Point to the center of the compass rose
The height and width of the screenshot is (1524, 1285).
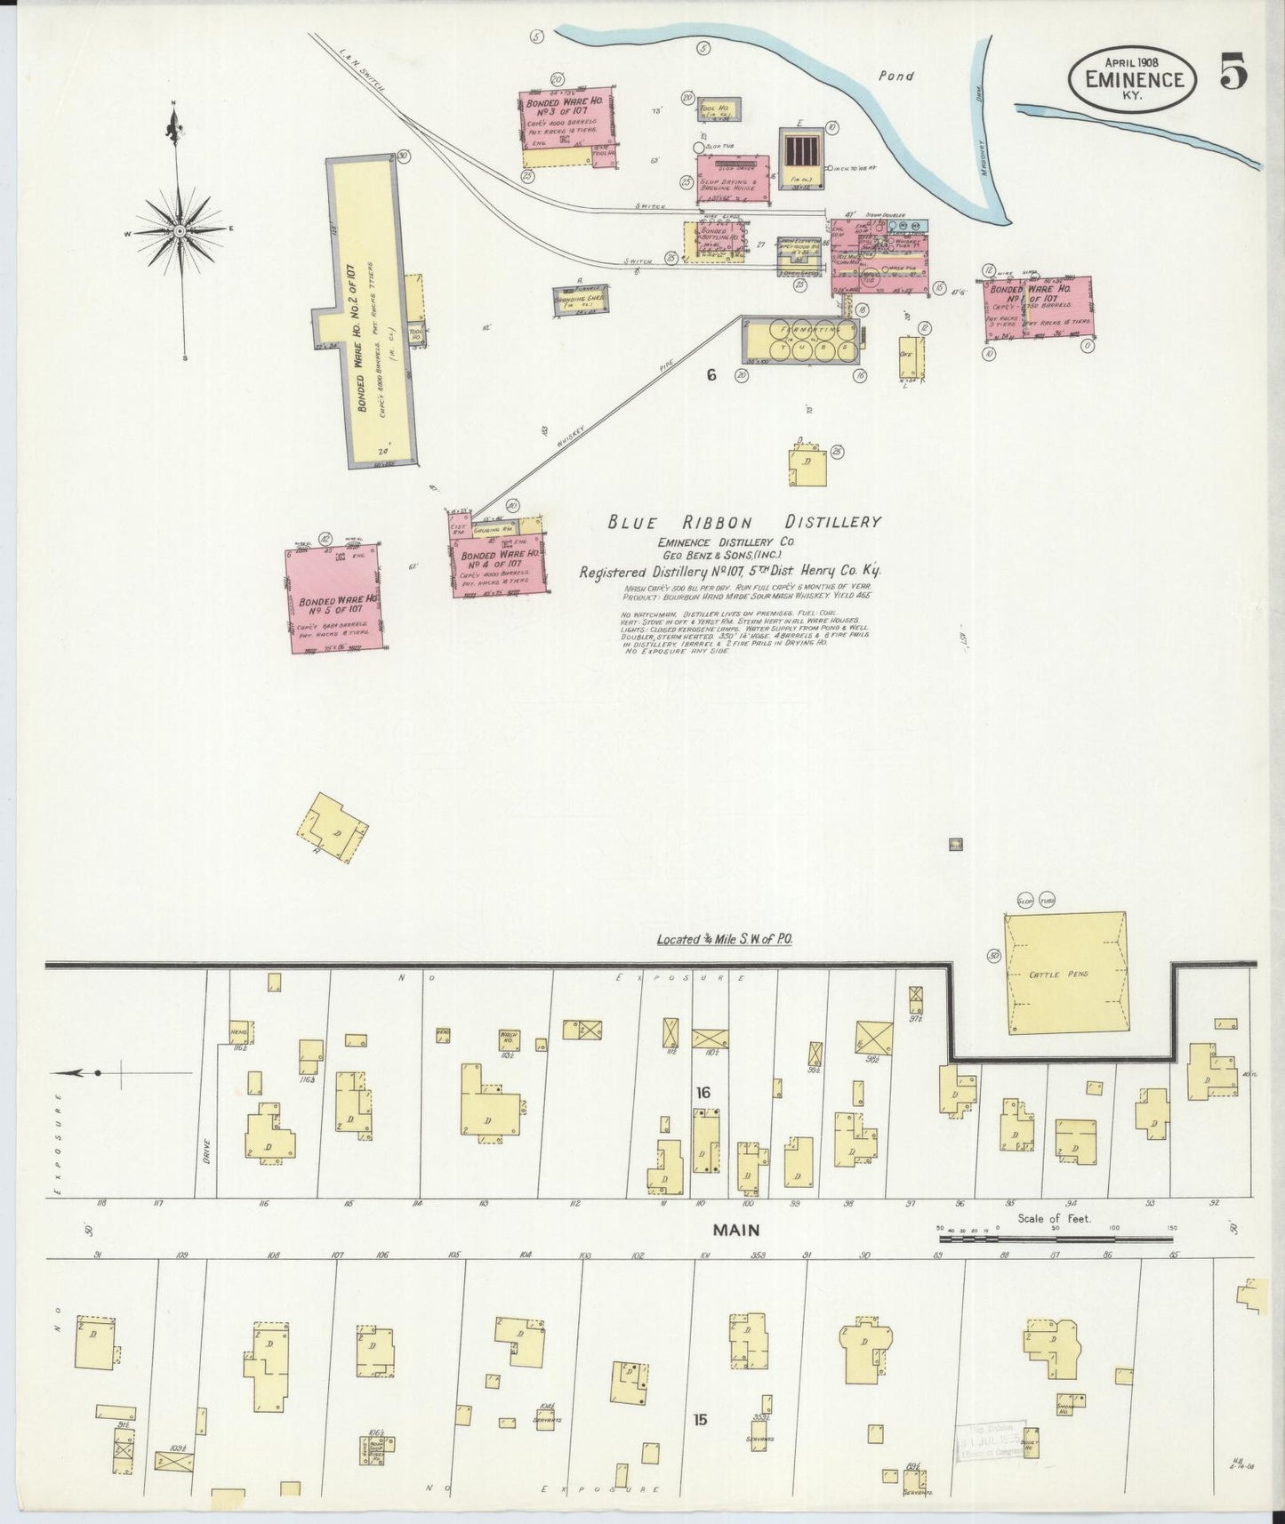tap(179, 230)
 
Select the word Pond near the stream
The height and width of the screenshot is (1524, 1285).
tap(895, 76)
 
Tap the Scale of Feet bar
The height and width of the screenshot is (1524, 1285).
tap(1056, 1238)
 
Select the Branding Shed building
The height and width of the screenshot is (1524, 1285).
tap(582, 299)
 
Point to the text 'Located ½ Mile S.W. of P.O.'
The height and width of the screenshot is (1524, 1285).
tap(724, 939)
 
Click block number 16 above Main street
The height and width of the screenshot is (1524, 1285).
tap(703, 1093)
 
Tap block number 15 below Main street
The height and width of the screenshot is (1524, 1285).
tap(700, 1421)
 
